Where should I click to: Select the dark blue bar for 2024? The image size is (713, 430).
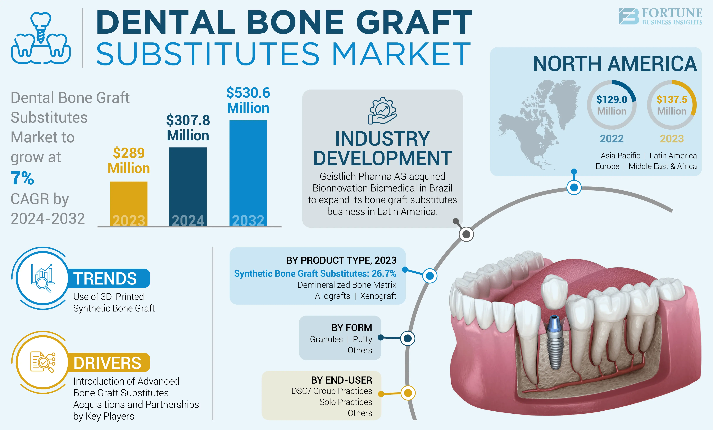[x=188, y=186]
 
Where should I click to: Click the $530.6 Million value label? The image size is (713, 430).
[x=248, y=100]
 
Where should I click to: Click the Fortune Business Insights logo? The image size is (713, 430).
[x=660, y=17]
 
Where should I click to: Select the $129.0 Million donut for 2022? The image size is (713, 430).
[x=611, y=105]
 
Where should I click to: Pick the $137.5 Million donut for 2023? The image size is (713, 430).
[x=672, y=105]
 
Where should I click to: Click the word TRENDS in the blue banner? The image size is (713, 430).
[x=105, y=278]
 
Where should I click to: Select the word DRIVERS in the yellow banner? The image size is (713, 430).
[x=107, y=363]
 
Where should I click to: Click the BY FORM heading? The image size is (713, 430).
[x=352, y=328]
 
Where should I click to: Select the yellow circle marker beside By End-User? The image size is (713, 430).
[x=408, y=393]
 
